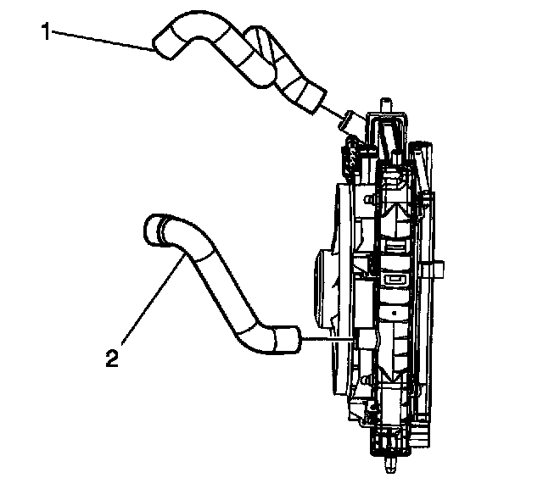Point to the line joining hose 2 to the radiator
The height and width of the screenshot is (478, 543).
(327, 340)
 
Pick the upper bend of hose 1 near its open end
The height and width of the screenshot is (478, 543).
(200, 41)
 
